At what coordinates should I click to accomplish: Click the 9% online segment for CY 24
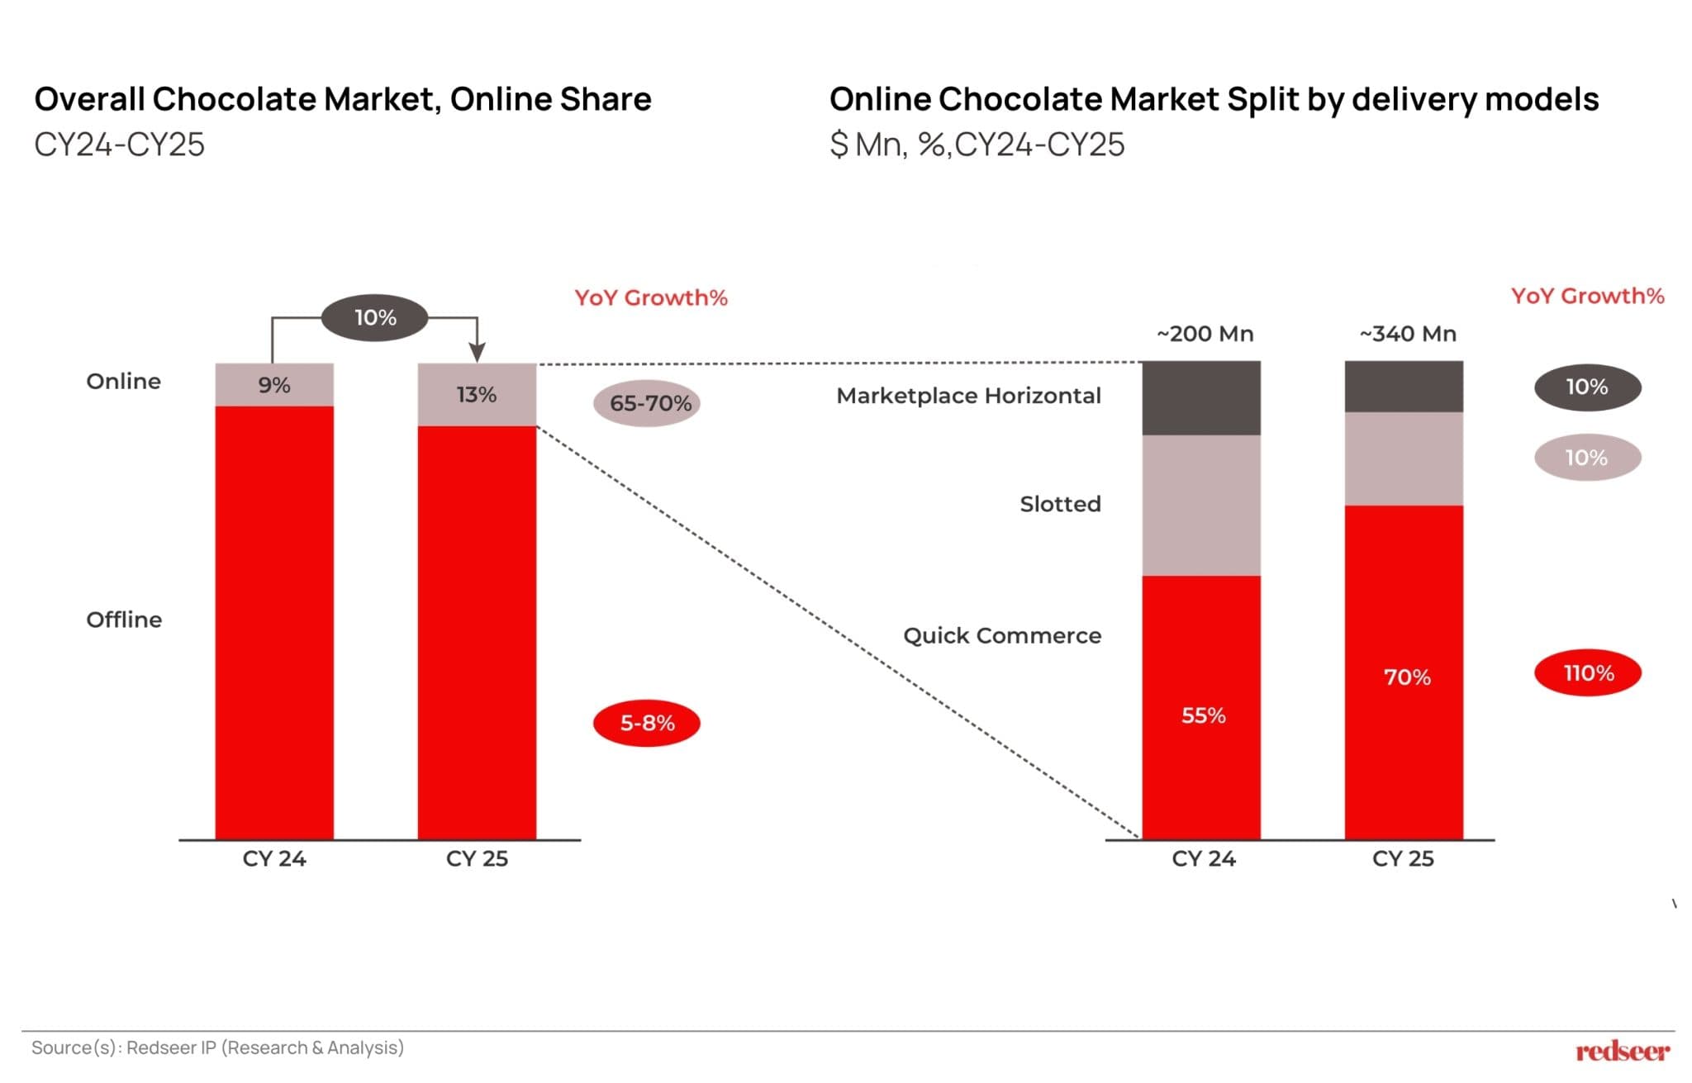[x=274, y=385]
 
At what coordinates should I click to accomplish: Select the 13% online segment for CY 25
[x=477, y=395]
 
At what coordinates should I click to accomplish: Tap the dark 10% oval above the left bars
[x=375, y=317]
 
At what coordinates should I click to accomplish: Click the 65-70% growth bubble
[x=647, y=403]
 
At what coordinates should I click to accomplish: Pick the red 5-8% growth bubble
[x=647, y=723]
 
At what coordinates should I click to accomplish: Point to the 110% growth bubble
[x=1587, y=673]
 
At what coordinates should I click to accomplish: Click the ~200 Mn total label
[x=1205, y=334]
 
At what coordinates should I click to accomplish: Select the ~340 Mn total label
[x=1407, y=334]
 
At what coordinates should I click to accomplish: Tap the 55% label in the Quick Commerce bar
[x=1203, y=715]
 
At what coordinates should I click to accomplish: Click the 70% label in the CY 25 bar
[x=1406, y=677]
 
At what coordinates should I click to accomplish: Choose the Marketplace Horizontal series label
[x=968, y=396]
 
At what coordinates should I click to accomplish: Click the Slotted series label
[x=1060, y=504]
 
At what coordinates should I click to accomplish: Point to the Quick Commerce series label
[x=1001, y=635]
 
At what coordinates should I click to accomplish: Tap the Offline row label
[x=124, y=620]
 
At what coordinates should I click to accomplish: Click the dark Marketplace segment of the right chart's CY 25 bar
[x=1404, y=386]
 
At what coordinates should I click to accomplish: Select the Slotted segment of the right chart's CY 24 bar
[x=1201, y=505]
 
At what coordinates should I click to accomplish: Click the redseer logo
[x=1622, y=1051]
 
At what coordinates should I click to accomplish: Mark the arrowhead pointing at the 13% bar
[x=477, y=353]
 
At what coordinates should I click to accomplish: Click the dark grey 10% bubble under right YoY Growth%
[x=1587, y=387]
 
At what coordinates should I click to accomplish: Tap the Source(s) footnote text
[x=217, y=1047]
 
